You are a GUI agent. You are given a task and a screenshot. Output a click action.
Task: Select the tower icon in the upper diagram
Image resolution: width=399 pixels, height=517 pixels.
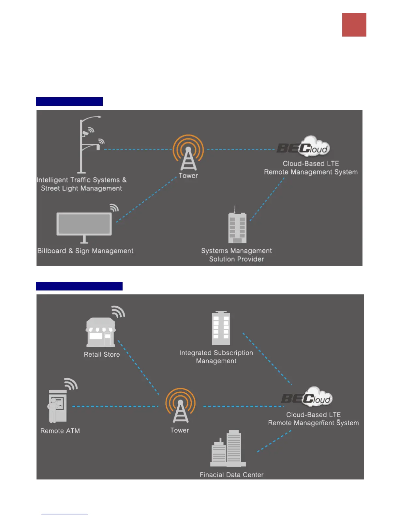coord(188,153)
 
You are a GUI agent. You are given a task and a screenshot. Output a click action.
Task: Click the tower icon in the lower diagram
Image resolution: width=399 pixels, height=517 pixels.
coord(180,407)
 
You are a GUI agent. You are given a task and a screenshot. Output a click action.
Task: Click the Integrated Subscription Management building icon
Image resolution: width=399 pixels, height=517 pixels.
coord(221,328)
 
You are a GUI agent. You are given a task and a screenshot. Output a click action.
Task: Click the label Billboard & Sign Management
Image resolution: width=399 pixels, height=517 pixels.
coord(85,251)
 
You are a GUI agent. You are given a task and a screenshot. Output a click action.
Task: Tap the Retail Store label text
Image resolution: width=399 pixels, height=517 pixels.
coord(102,354)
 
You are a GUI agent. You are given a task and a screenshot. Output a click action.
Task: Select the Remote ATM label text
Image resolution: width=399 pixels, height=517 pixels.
coord(60,431)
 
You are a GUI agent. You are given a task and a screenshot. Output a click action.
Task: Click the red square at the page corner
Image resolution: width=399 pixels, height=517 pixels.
coord(354,25)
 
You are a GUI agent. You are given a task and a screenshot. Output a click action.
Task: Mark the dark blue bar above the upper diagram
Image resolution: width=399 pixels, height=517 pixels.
coord(69,102)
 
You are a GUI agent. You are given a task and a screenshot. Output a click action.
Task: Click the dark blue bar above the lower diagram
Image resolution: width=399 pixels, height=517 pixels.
coord(79,286)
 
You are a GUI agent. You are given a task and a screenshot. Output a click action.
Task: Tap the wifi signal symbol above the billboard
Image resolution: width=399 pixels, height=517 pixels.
coord(114,208)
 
